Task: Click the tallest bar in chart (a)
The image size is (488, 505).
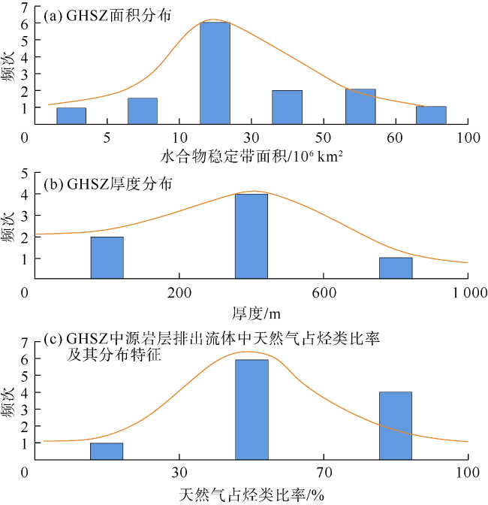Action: [x=215, y=73]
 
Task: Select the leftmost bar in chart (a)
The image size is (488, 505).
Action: [x=71, y=116]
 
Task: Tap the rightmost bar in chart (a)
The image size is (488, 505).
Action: [x=431, y=115]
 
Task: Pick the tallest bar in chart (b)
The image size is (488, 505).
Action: [x=252, y=236]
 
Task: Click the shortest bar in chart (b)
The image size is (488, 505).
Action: [x=396, y=268]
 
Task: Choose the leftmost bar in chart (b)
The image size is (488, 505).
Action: [x=107, y=258]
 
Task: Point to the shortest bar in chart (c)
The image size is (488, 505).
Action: [x=107, y=451]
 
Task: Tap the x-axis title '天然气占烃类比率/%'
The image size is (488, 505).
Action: [x=252, y=494]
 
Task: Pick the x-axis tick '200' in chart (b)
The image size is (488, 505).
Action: [x=179, y=292]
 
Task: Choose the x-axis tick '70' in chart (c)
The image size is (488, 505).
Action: [x=324, y=473]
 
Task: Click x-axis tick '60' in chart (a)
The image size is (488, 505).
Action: [x=396, y=138]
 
